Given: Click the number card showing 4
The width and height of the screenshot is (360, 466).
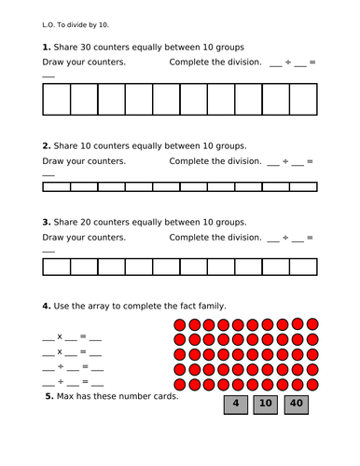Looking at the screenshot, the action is click(237, 404).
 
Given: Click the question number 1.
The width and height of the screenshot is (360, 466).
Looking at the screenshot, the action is click(46, 47).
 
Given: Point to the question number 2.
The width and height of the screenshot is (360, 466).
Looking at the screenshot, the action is click(46, 146).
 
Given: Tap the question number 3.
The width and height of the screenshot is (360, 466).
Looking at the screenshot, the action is click(46, 223).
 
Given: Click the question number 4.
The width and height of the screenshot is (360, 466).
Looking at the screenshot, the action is click(46, 307).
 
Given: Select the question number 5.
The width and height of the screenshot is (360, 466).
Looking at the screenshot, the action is click(49, 396).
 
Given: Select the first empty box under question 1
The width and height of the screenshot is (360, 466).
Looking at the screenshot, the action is click(56, 98).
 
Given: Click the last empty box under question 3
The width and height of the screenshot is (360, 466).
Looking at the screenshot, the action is click(303, 267).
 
